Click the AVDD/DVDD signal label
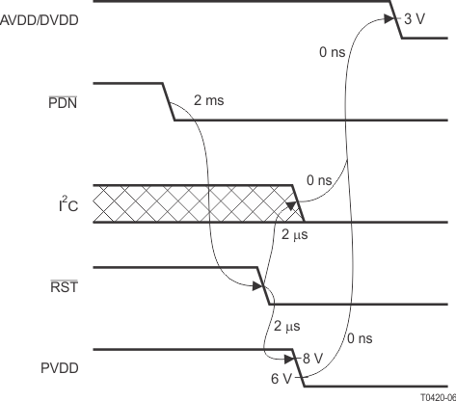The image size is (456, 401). tap(40, 20)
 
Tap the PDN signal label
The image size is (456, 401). tap(63, 103)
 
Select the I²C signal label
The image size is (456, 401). tap(68, 204)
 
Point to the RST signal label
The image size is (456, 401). tap(65, 286)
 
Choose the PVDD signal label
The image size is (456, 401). tap(60, 368)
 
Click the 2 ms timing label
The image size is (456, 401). tap(209, 100)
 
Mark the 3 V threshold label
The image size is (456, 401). tap(415, 19)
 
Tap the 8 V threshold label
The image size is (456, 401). tap(312, 359)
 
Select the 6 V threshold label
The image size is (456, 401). tap(281, 379)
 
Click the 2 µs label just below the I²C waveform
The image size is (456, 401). tap(295, 235)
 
